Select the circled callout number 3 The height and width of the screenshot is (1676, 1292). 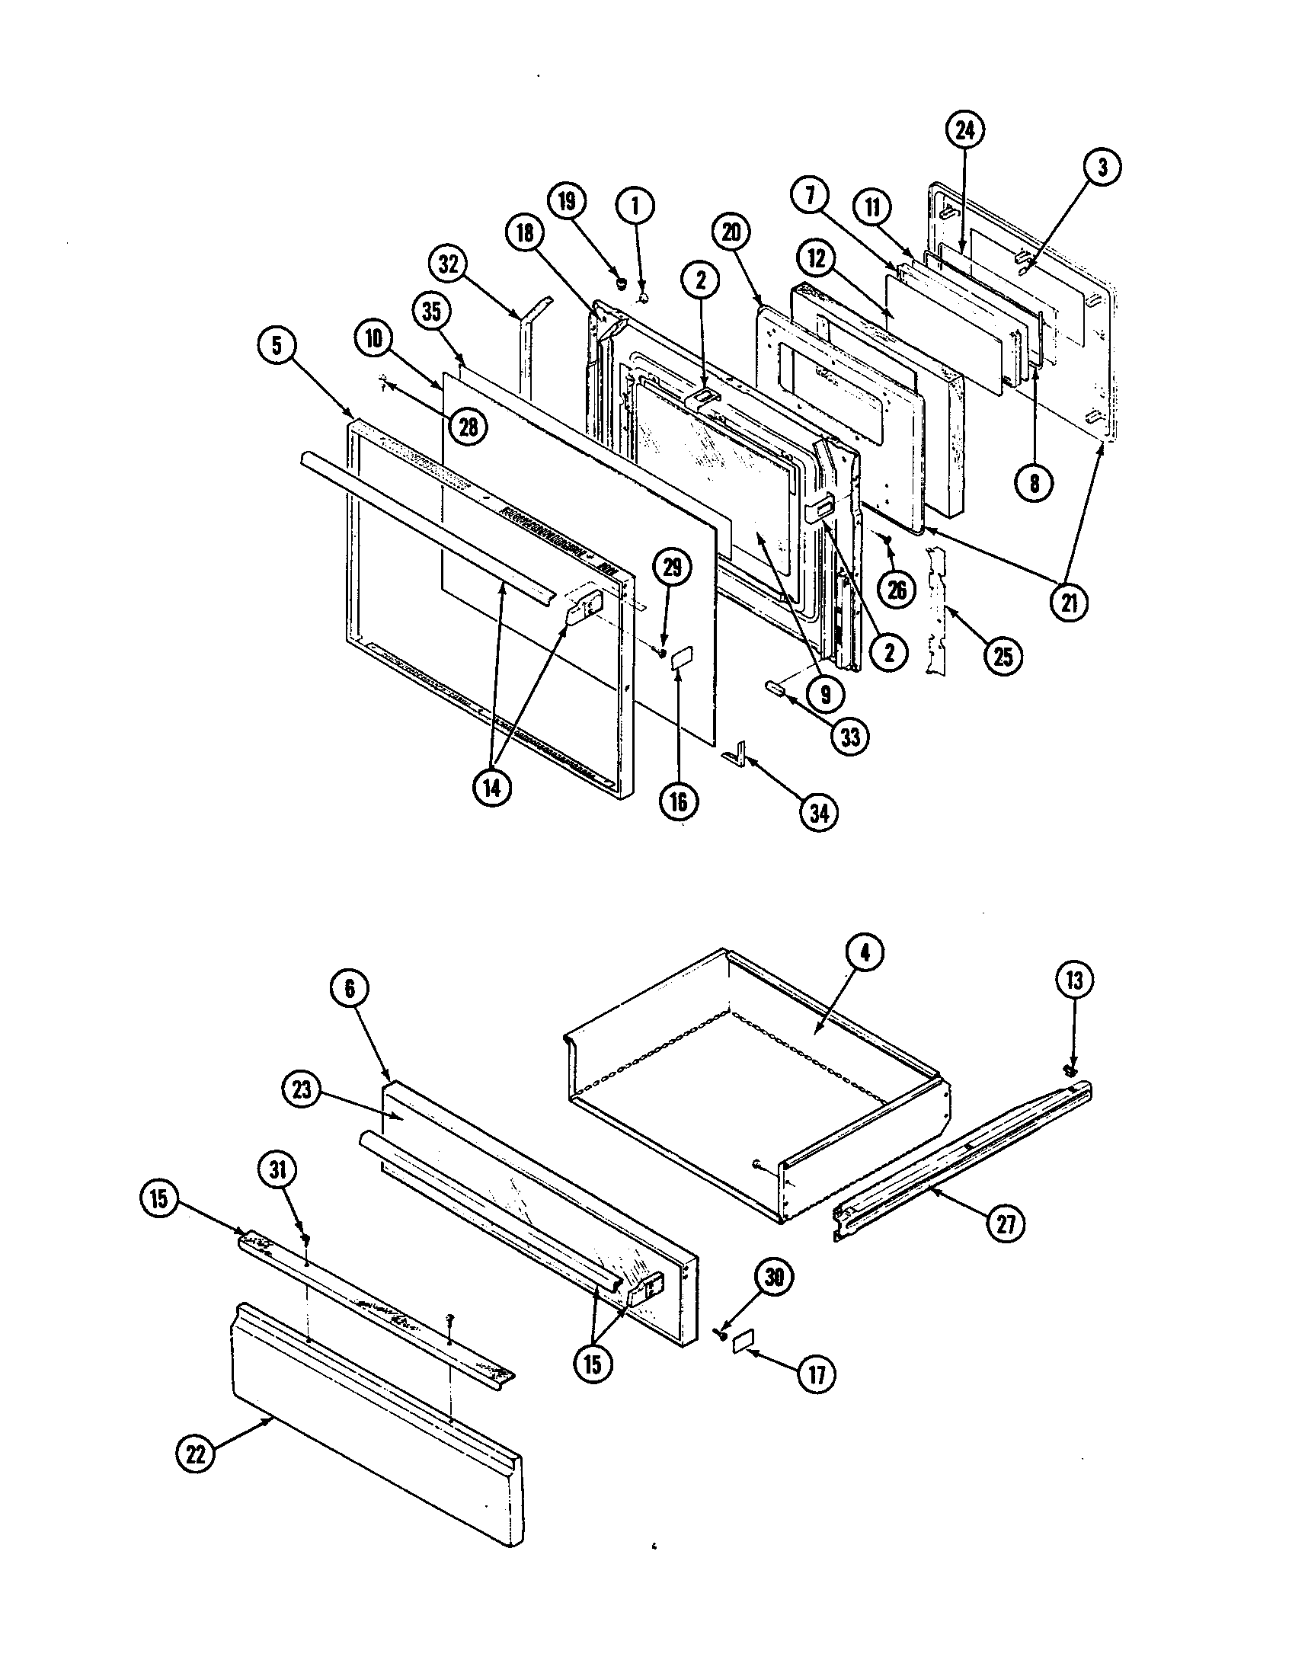click(1102, 168)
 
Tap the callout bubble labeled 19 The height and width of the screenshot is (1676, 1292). click(566, 202)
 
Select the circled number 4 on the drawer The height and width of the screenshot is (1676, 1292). click(865, 953)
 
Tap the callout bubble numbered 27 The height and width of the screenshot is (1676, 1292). click(1006, 1224)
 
